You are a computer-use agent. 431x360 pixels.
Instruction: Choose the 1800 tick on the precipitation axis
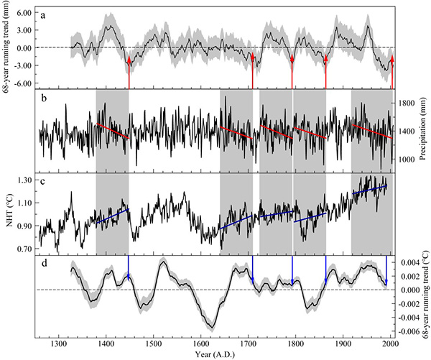(x=407, y=103)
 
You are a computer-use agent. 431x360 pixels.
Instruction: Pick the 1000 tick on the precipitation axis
(x=407, y=159)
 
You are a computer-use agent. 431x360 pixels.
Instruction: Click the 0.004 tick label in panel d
(x=409, y=263)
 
